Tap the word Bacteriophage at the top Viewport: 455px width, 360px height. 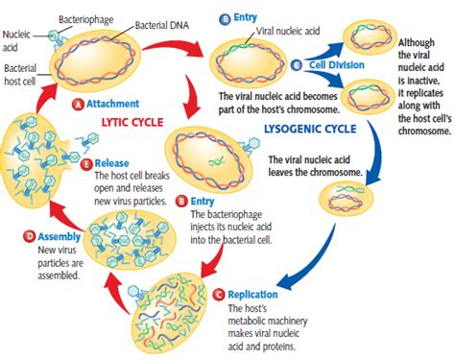[x=84, y=17]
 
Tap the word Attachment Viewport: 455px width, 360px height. [x=112, y=103]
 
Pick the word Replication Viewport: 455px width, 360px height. [x=253, y=294]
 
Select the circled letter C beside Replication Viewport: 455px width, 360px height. [x=219, y=294]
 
